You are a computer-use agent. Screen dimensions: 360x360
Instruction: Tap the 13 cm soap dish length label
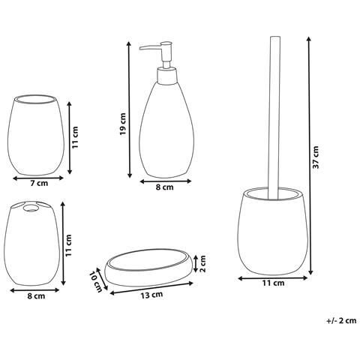[x=151, y=295]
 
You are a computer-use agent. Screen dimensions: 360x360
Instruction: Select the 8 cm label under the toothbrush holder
[x=35, y=296]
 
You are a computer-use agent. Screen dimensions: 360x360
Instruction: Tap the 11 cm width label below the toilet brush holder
[x=274, y=283]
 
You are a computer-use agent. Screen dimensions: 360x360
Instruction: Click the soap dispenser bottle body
[x=163, y=127]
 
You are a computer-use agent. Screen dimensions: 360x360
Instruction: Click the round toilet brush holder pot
[x=272, y=232]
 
